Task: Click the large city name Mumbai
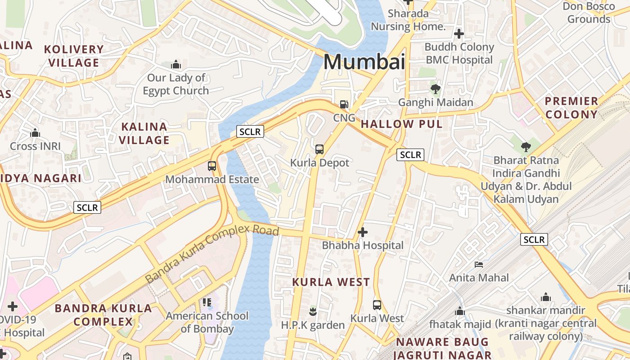[x=364, y=62]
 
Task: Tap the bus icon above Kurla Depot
[x=319, y=149]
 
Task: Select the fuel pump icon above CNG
[x=344, y=104]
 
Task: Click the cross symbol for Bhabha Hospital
[x=362, y=232]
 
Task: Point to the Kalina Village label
[x=144, y=133]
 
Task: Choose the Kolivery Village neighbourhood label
[x=74, y=56]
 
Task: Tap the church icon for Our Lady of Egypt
[x=175, y=65]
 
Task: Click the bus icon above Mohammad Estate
[x=212, y=166]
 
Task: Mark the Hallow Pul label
[x=401, y=124]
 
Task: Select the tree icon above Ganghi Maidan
[x=435, y=89]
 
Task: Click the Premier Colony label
[x=571, y=108]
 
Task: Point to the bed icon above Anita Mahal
[x=479, y=264]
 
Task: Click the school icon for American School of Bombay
[x=207, y=302]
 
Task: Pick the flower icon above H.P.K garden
[x=313, y=311]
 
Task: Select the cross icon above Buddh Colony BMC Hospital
[x=459, y=34]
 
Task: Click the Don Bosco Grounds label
[x=589, y=13]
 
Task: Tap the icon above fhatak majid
[x=459, y=311]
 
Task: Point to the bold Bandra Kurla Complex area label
[x=103, y=315]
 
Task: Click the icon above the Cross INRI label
[x=35, y=133]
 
